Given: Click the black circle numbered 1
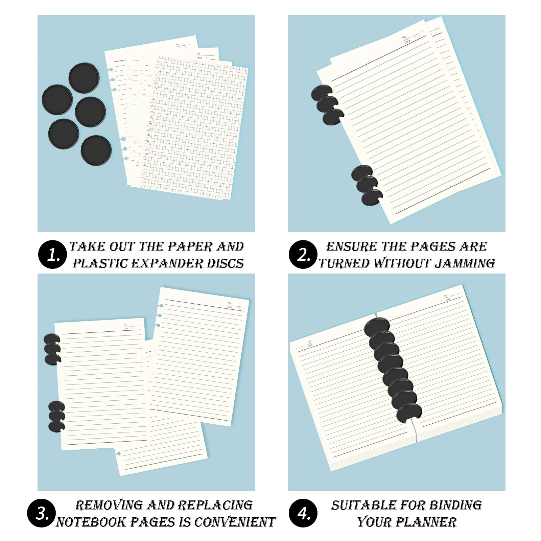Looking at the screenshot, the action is (52, 254).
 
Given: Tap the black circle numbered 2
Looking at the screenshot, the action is (303, 254).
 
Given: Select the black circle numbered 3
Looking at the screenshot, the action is (42, 513).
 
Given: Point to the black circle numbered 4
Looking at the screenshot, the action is (303, 513).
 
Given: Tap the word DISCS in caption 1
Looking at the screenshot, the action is (225, 263).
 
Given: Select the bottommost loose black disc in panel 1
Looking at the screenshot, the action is (96, 150).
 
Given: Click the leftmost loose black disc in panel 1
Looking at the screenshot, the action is (57, 100).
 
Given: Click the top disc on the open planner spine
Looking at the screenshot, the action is (377, 327).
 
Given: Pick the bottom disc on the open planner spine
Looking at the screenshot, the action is (409, 413).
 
